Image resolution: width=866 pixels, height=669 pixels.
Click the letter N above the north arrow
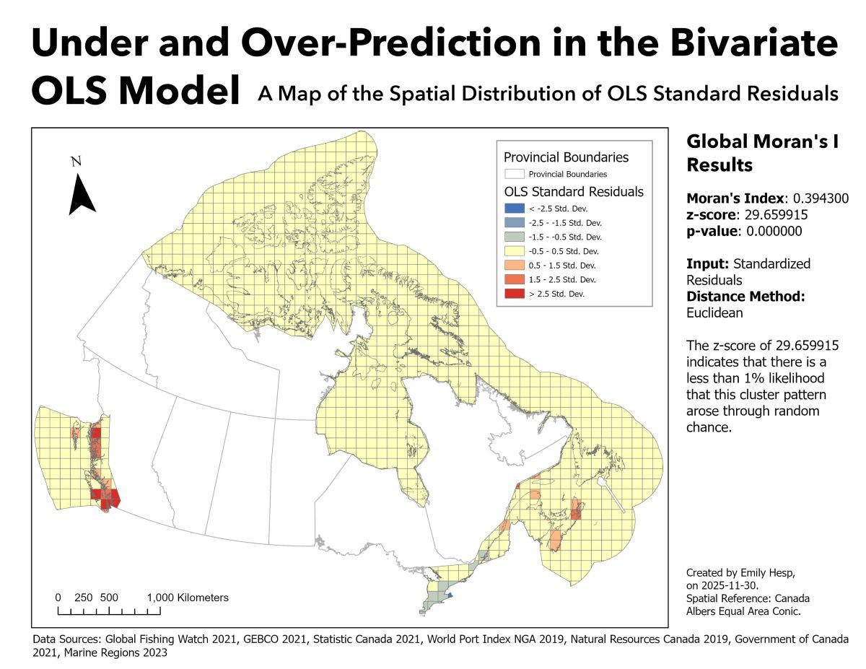(x=76, y=162)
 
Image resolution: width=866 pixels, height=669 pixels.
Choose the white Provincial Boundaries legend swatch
(x=514, y=174)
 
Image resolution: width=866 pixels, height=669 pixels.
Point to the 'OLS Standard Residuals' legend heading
(x=573, y=192)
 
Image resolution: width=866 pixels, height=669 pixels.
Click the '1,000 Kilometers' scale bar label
(x=188, y=598)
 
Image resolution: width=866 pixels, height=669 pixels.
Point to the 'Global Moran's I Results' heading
(x=761, y=153)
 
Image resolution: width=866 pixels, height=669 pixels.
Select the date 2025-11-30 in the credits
(x=731, y=585)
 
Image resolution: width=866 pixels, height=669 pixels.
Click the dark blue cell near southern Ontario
(x=448, y=596)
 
